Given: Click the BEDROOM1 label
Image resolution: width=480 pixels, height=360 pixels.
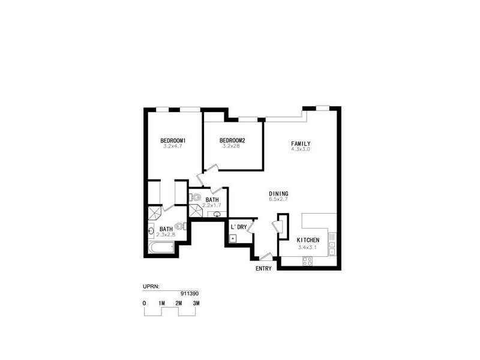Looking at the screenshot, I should pos(173,141).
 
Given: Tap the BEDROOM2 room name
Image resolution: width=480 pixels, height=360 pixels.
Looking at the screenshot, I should pos(232,141).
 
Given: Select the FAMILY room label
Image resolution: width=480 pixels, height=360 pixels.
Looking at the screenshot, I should pos(301,143).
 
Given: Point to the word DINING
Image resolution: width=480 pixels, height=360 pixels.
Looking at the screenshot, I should pos(278,194).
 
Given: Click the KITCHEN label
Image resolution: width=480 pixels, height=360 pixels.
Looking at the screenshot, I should pos(308,241).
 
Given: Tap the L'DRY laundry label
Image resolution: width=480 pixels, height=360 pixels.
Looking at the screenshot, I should pos(239,227).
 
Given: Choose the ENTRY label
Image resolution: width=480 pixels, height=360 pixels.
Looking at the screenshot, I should pos(263,269).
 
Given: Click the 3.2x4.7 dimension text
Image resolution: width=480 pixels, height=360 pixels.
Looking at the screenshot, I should pos(172,146).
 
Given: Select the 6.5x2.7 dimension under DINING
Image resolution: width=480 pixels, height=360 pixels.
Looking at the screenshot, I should pos(278,199).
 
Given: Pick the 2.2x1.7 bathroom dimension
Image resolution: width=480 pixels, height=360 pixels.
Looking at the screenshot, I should pos(211,206).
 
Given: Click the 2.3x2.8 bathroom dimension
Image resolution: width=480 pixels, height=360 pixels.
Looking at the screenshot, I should pos(166,235).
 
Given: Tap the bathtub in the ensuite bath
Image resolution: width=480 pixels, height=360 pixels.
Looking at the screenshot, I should pos(160,248).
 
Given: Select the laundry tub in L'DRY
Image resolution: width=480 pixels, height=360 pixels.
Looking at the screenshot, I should pos(232,238).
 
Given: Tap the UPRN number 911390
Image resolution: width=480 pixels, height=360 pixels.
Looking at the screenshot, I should pos(190,293).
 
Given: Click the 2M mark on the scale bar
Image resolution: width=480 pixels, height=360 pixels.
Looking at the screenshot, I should pos(179,304).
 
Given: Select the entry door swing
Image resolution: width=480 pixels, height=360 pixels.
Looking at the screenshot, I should pos(266,256).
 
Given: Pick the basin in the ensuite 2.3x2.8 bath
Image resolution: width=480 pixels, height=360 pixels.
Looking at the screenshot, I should pos(151,230).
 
